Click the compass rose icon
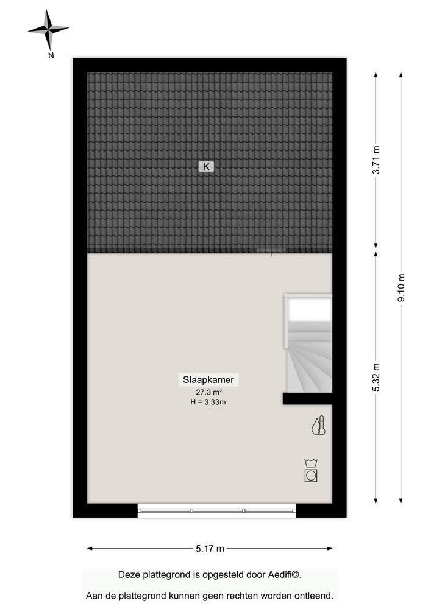point(48,29)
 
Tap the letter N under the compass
point(51,55)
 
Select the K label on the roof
point(206,166)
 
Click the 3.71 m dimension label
point(377,161)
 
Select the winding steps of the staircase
point(309,359)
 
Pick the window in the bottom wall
point(216,512)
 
